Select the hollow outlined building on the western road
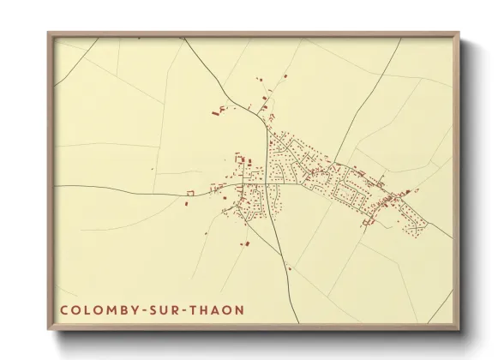tap(191, 195)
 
